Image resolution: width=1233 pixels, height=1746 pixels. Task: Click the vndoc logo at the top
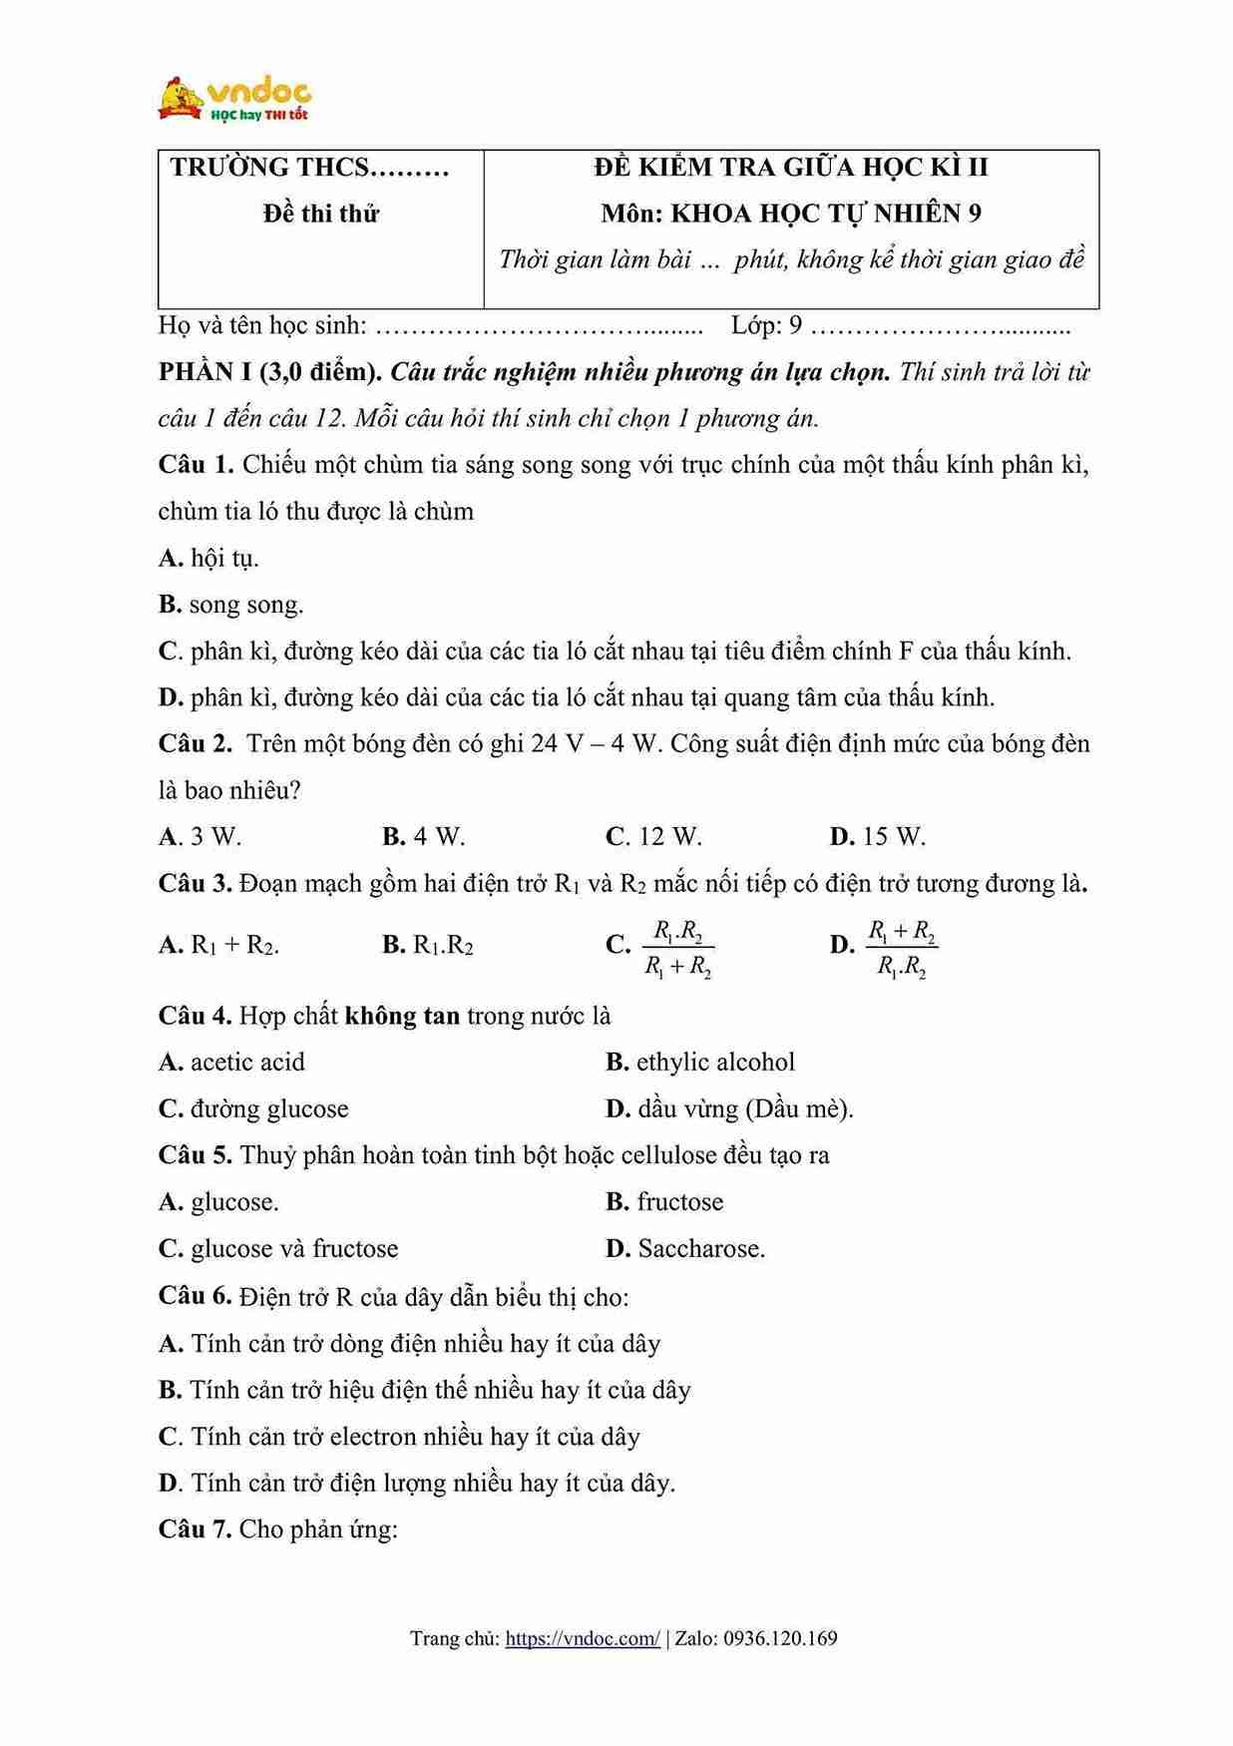(x=235, y=98)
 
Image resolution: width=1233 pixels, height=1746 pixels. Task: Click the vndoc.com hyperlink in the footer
(x=583, y=1638)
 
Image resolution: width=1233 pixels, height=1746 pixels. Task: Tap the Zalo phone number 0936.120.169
(x=780, y=1638)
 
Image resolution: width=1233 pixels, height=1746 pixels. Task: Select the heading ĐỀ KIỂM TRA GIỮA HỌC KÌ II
(x=790, y=168)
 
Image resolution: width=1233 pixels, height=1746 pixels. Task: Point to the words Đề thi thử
(x=320, y=214)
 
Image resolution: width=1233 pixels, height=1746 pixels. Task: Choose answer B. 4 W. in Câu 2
(x=424, y=837)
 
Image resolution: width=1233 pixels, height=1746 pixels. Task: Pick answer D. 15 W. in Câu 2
(x=878, y=837)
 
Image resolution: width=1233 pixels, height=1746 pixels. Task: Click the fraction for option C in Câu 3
(x=678, y=949)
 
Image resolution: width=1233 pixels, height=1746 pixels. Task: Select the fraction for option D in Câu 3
(x=902, y=949)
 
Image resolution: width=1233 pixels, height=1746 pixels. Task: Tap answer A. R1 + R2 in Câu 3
(x=219, y=945)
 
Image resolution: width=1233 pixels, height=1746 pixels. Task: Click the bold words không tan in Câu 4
(x=402, y=1017)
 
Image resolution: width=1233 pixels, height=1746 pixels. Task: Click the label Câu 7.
(x=195, y=1529)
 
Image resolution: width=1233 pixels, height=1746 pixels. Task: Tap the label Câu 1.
(x=196, y=465)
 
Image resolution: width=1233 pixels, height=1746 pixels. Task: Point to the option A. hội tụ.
(x=208, y=559)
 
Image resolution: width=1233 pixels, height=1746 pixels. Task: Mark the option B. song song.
(x=230, y=605)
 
